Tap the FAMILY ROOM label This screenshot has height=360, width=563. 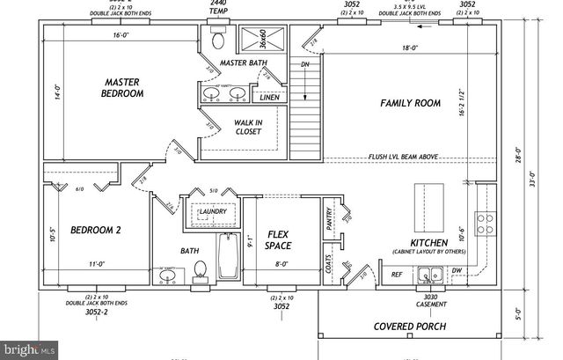pos(409,103)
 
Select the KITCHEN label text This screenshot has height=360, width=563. pos(430,242)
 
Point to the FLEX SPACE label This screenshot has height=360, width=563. pos(278,239)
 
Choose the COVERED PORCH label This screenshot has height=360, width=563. pos(409,327)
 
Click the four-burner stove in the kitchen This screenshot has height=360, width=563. pos(484,223)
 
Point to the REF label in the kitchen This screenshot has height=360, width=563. pos(397,275)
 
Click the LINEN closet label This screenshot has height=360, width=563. pos(270,98)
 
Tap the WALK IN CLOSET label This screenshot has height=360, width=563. pos(247,128)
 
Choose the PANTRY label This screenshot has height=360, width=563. pos(329,219)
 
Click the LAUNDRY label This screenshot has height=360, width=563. pos(214,212)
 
